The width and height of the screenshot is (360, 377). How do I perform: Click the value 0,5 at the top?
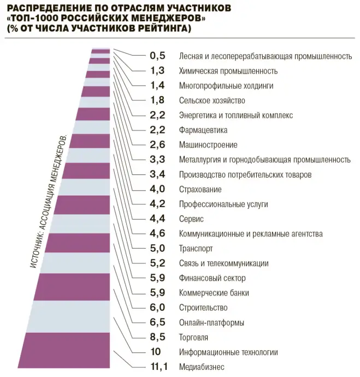[x=157, y=56]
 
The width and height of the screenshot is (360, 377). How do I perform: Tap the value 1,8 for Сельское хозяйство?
[x=157, y=101]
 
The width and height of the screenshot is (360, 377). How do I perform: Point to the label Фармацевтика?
[x=203, y=130]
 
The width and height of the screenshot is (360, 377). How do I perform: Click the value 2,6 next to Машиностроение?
[x=157, y=145]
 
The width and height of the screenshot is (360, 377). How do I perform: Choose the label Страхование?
[x=200, y=190]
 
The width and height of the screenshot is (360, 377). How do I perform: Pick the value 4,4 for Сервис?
[x=157, y=219]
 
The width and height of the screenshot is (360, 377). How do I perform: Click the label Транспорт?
[x=196, y=249]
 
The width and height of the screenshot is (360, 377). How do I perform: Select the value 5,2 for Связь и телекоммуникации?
[x=157, y=263]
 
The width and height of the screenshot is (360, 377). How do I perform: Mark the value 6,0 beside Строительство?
[x=157, y=308]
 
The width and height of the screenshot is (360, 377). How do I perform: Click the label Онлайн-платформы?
[x=211, y=322]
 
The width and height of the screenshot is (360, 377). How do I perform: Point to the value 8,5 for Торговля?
[x=157, y=337]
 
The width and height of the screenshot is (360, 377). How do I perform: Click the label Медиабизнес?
[x=202, y=367]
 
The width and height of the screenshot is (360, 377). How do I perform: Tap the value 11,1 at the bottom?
[x=157, y=367]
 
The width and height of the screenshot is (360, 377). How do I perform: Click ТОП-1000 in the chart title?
[x=33, y=18]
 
